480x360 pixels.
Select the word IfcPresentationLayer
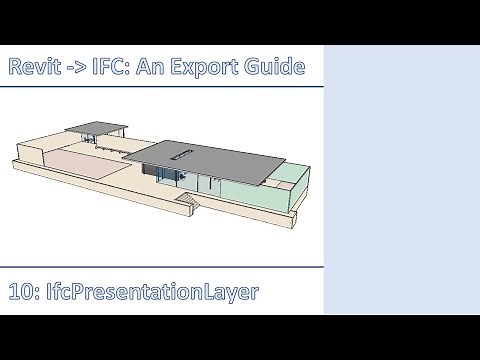coord(147,292)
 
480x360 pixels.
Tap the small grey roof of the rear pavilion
coord(94,128)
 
